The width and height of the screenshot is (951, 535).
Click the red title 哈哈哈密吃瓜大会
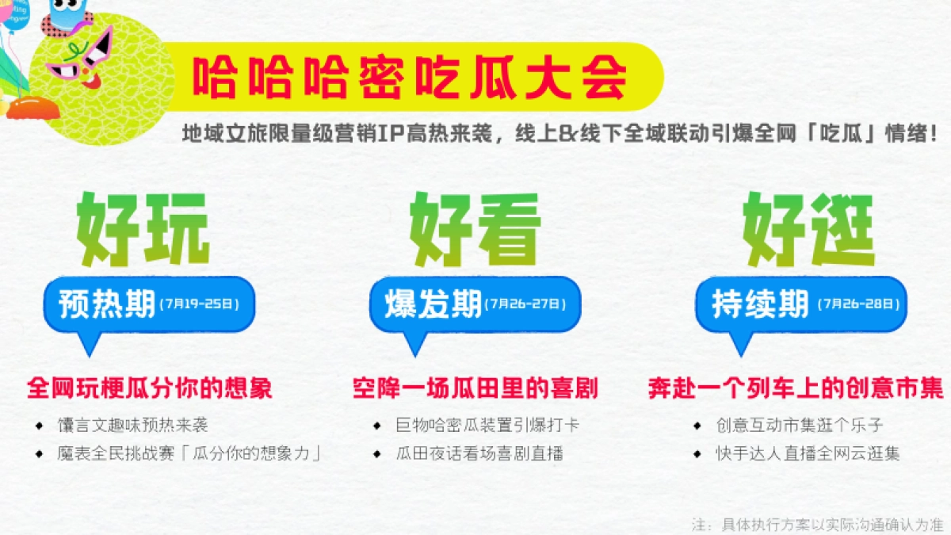coord(411,78)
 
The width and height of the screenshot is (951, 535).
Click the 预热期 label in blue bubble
coord(107,304)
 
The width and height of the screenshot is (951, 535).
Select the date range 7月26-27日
coord(526,304)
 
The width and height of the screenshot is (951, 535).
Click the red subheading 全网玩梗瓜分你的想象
coord(150,389)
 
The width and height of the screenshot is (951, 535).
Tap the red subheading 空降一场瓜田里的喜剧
coord(475,389)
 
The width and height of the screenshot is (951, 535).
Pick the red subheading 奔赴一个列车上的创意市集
coord(796,389)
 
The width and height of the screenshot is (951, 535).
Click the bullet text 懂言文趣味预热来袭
coord(132,426)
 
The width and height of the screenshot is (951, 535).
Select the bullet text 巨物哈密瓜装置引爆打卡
coord(487,426)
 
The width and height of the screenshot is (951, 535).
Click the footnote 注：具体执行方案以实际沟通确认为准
coord(816,524)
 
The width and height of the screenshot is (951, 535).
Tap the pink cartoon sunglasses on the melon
coord(79,55)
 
